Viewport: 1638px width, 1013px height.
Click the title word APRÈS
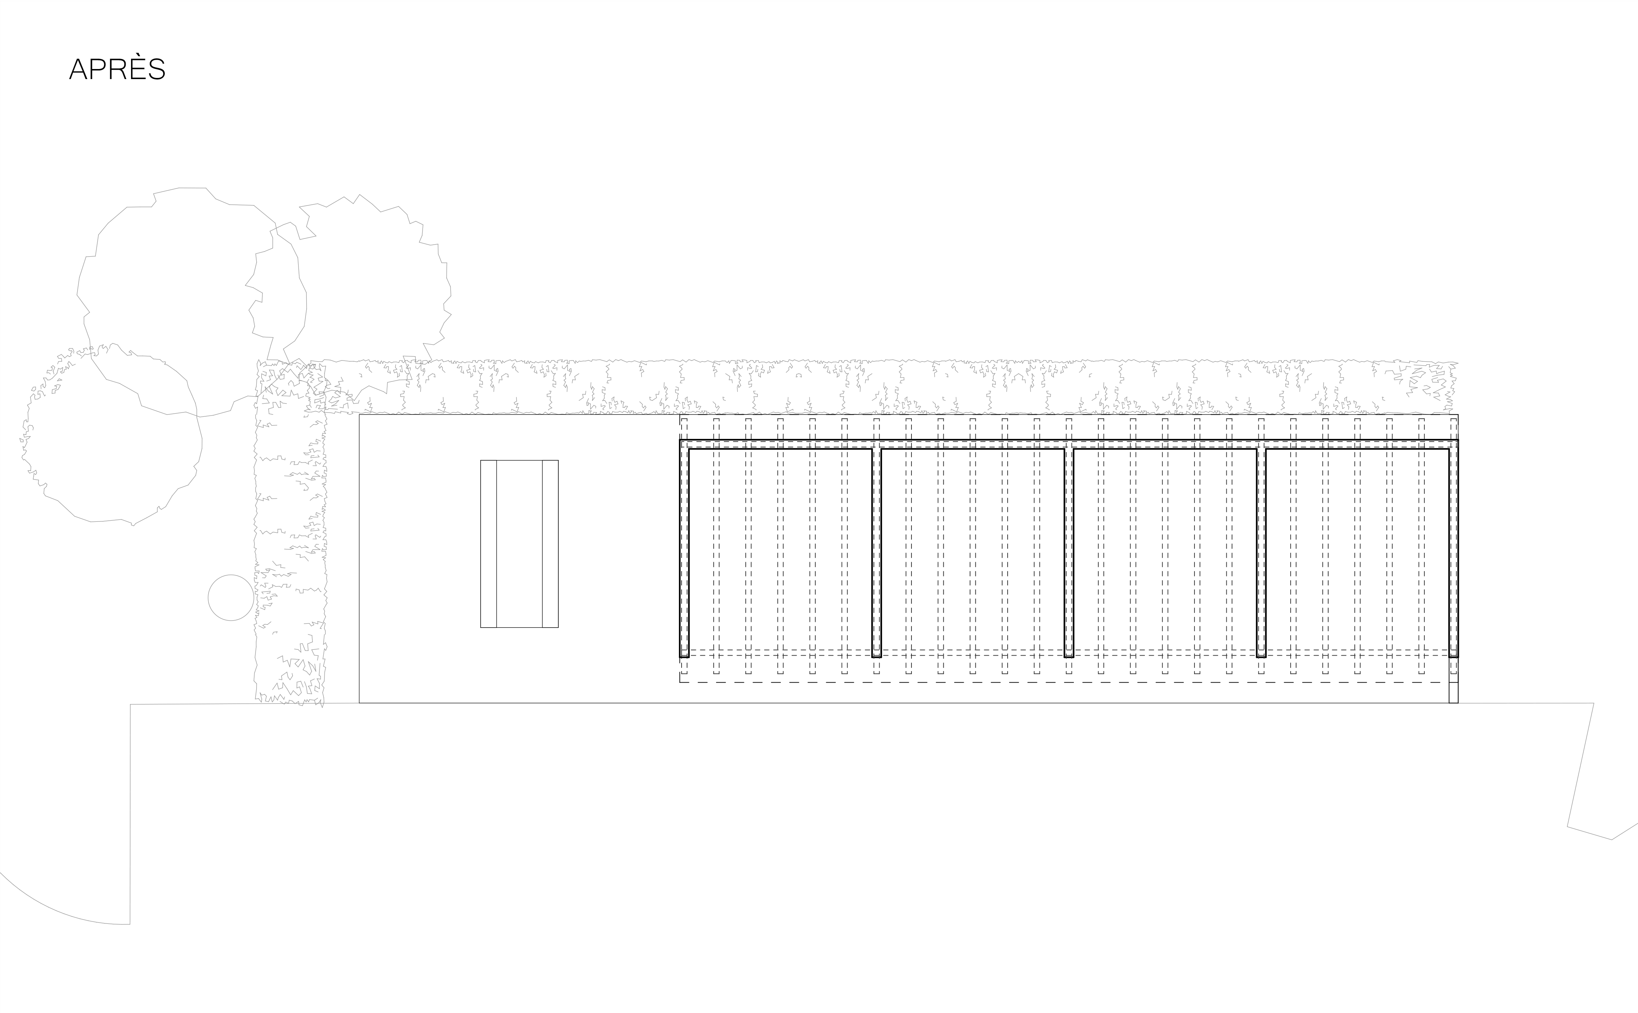[117, 69]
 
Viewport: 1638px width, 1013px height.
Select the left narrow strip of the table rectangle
[488, 544]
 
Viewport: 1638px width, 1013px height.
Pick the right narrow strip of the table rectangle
[550, 544]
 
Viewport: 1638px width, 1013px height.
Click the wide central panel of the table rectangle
[519, 544]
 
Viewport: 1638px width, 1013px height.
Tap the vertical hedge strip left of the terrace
[290, 536]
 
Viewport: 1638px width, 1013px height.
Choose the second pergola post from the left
[876, 553]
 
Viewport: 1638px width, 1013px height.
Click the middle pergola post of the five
[1068, 553]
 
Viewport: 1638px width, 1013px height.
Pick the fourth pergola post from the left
[1261, 553]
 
